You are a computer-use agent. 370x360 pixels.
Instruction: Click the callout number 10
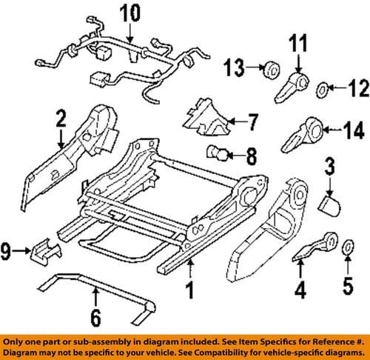click(x=129, y=13)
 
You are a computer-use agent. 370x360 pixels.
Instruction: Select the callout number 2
click(x=61, y=118)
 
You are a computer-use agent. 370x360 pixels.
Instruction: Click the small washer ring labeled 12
click(x=324, y=91)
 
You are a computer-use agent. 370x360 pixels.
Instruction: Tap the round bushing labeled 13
click(x=270, y=71)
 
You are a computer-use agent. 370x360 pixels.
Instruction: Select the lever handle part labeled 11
click(x=295, y=84)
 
